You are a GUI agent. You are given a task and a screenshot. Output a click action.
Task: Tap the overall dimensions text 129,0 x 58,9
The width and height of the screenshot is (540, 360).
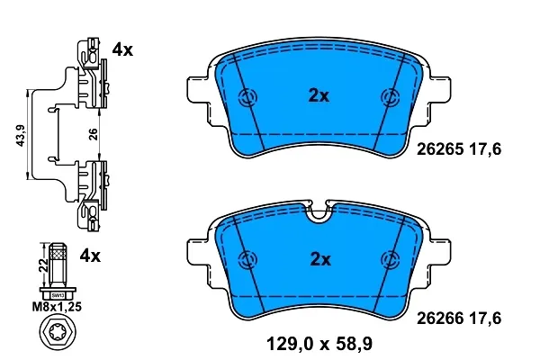click(x=319, y=344)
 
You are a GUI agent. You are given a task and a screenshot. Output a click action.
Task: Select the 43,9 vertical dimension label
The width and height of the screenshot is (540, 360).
click(x=21, y=135)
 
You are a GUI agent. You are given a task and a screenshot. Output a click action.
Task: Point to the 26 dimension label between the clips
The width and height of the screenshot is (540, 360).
click(x=94, y=134)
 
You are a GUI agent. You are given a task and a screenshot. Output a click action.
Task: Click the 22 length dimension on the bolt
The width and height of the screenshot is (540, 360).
click(x=44, y=265)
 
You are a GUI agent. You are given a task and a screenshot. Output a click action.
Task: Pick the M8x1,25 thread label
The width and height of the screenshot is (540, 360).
click(x=57, y=306)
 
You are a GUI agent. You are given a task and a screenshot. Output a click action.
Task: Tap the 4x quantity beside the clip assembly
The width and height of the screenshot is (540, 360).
click(x=122, y=50)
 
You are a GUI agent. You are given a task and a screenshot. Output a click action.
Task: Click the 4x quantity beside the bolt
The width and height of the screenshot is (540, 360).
click(x=90, y=256)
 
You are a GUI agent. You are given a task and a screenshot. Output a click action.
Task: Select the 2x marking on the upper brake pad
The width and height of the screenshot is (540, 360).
click(x=319, y=95)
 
